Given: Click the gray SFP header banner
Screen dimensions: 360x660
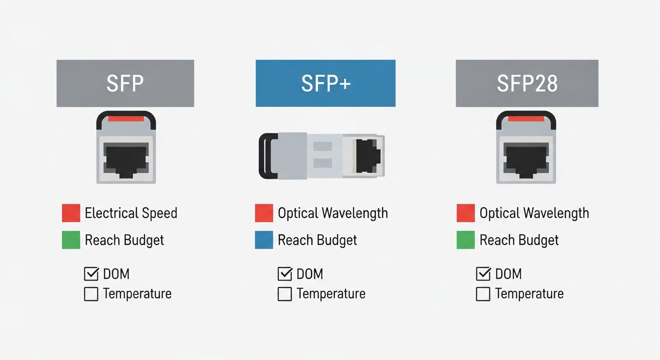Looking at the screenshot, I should pos(125,83).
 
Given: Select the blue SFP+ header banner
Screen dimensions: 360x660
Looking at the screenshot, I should pos(325,83).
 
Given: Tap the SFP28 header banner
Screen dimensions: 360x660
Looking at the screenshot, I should pos(527,83).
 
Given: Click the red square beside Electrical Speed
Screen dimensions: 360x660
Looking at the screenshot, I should pos(71,213).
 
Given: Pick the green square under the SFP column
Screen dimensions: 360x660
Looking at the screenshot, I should pos(71,240).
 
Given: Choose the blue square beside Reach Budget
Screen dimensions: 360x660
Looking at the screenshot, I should pos(264,240).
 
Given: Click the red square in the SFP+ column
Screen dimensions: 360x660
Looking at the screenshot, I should pos(264,213).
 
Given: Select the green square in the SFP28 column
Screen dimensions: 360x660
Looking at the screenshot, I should pos(465,240).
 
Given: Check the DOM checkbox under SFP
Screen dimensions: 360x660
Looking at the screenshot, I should pos(91,274).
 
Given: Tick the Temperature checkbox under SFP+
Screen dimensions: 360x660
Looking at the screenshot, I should pos(285,294).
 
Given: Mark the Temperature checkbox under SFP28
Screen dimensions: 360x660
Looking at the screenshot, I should pos(483,294).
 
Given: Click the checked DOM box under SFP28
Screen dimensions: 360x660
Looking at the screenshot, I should pos(483,274).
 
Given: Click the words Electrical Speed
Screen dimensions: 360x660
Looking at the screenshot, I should pos(131,213).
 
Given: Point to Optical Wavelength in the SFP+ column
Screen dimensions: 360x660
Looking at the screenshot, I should pos(333,213).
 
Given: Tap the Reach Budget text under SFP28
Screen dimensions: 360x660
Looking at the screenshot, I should pos(519,240).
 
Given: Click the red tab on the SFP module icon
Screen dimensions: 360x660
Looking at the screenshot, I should pos(126,119).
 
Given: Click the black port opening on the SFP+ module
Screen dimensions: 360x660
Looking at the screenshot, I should pos(367,155).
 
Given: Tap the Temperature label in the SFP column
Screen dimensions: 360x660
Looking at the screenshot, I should pos(137,294).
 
